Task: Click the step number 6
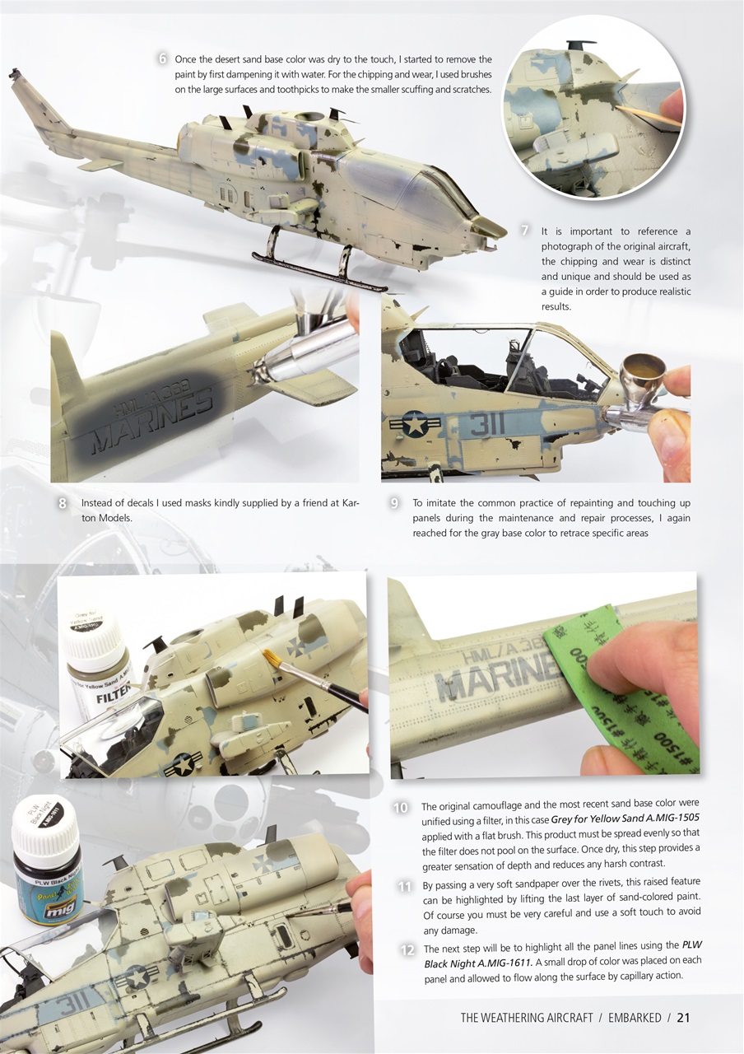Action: [163, 58]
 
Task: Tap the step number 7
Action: [524, 230]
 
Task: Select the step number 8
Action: [63, 502]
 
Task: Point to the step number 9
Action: [395, 502]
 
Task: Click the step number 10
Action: [402, 808]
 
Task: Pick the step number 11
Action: [404, 887]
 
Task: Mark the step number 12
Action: [406, 950]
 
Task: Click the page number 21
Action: [683, 1017]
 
